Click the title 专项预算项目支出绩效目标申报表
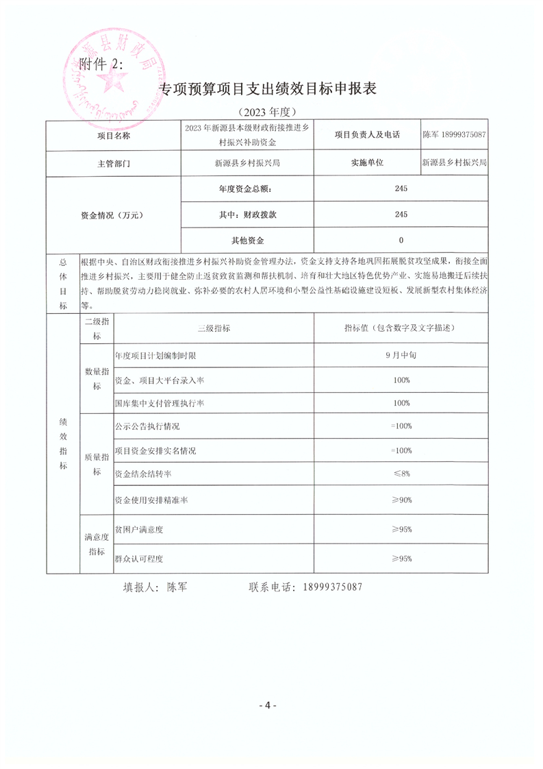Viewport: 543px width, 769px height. click(x=268, y=90)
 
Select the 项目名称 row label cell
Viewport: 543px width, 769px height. click(x=113, y=136)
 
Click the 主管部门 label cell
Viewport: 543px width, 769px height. click(x=113, y=164)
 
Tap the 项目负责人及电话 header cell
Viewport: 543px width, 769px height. click(x=367, y=136)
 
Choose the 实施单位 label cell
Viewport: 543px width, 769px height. click(x=367, y=164)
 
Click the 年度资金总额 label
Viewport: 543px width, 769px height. click(x=247, y=189)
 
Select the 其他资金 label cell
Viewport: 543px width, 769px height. click(x=247, y=240)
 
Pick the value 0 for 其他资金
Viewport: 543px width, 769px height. click(x=401, y=240)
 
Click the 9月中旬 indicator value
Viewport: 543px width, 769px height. click(x=401, y=356)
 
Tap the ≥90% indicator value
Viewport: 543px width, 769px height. click(x=401, y=500)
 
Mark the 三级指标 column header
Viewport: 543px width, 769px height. click(x=214, y=329)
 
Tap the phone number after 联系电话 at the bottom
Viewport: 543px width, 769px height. click(x=326, y=587)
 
